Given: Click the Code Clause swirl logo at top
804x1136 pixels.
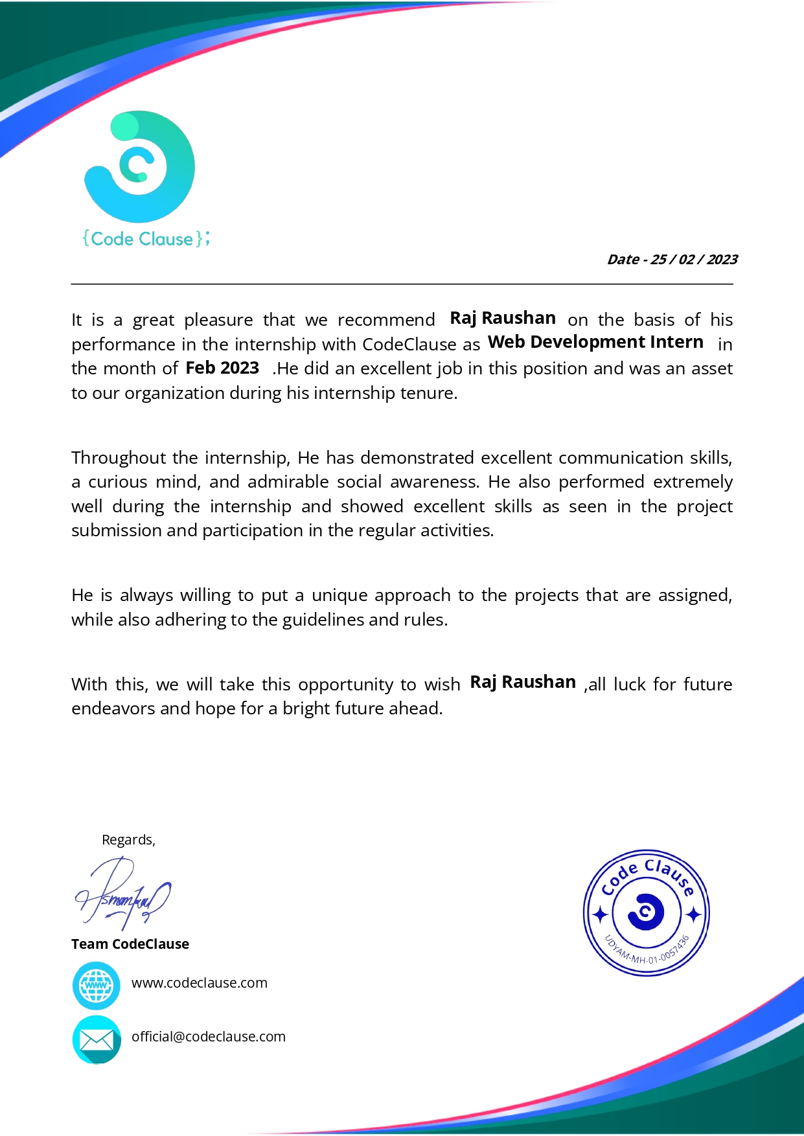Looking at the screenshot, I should point(140,166).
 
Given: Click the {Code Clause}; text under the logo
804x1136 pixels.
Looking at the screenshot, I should point(146,239).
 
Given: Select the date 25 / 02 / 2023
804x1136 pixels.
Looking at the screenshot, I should point(694,260).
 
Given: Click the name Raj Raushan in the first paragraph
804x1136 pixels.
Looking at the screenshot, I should point(503,318).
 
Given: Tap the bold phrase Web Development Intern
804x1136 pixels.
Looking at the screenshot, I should point(595,342).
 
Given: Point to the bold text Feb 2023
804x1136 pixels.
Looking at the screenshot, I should point(222,368).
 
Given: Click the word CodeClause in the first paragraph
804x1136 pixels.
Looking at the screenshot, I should point(409,344).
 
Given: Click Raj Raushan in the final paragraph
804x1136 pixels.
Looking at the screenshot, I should point(523,682).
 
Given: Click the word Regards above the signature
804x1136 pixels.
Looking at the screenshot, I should point(128,840).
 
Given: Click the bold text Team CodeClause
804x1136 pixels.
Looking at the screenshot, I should point(130,944).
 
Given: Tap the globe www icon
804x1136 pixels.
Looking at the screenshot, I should point(97,986).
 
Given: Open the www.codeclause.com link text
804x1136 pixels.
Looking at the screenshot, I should point(200,983).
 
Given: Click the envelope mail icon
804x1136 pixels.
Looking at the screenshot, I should point(97,1039).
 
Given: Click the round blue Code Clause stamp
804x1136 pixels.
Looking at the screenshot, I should point(646,913).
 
